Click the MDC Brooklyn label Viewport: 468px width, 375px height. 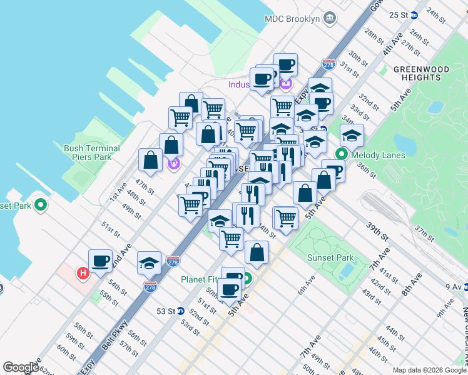pyautogui.click(x=292, y=19)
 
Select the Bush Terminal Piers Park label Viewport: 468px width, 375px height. pyautogui.click(x=92, y=153)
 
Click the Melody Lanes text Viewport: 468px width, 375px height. pyautogui.click(x=375, y=155)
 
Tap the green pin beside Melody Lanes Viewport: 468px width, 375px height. pyautogui.click(x=342, y=154)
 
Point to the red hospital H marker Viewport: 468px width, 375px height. pyautogui.click(x=81, y=273)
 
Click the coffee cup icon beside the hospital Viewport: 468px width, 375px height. pyautogui.click(x=100, y=261)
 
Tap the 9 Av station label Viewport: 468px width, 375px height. pyautogui.click(x=452, y=287)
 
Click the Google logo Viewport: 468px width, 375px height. pyautogui.click(x=21, y=367)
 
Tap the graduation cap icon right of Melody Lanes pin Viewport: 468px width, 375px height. pyautogui.click(x=352, y=136)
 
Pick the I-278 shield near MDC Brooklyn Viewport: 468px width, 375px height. pyautogui.click(x=329, y=64)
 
